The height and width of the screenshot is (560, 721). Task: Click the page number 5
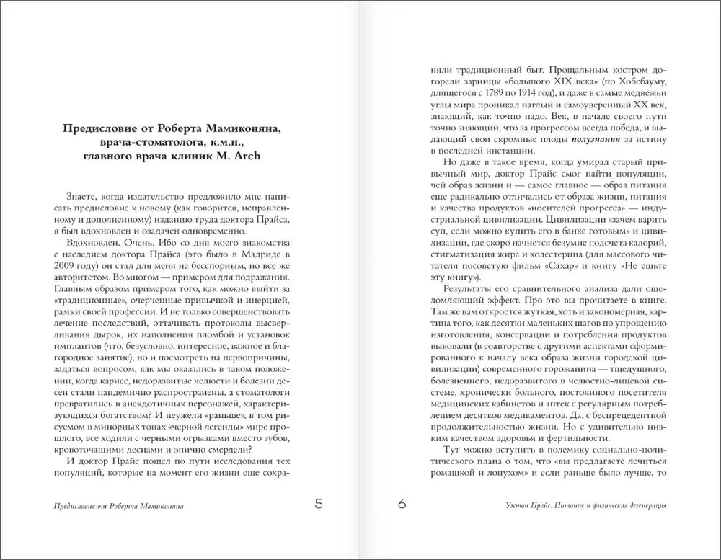[x=319, y=505]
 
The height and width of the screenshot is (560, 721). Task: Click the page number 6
[x=402, y=505]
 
